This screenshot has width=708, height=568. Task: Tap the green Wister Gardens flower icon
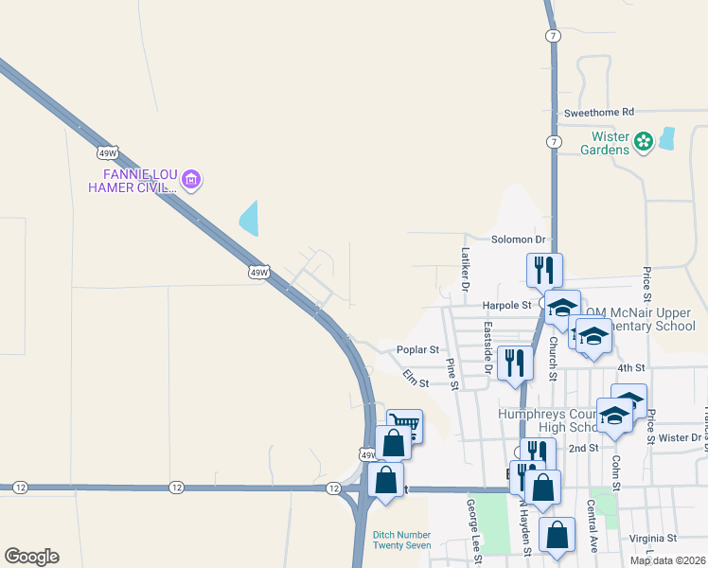click(x=644, y=142)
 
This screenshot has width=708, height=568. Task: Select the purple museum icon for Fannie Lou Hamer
click(x=191, y=179)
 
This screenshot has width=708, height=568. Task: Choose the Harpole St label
click(x=507, y=306)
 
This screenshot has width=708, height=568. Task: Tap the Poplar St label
click(x=417, y=349)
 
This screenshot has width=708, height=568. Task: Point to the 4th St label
click(x=630, y=367)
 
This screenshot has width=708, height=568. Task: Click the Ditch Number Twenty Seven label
click(x=401, y=540)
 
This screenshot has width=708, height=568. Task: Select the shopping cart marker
click(x=405, y=426)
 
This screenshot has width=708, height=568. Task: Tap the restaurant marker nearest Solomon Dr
click(x=544, y=270)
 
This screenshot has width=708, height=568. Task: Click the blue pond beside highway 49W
click(x=249, y=219)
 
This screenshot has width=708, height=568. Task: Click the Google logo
click(x=31, y=557)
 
